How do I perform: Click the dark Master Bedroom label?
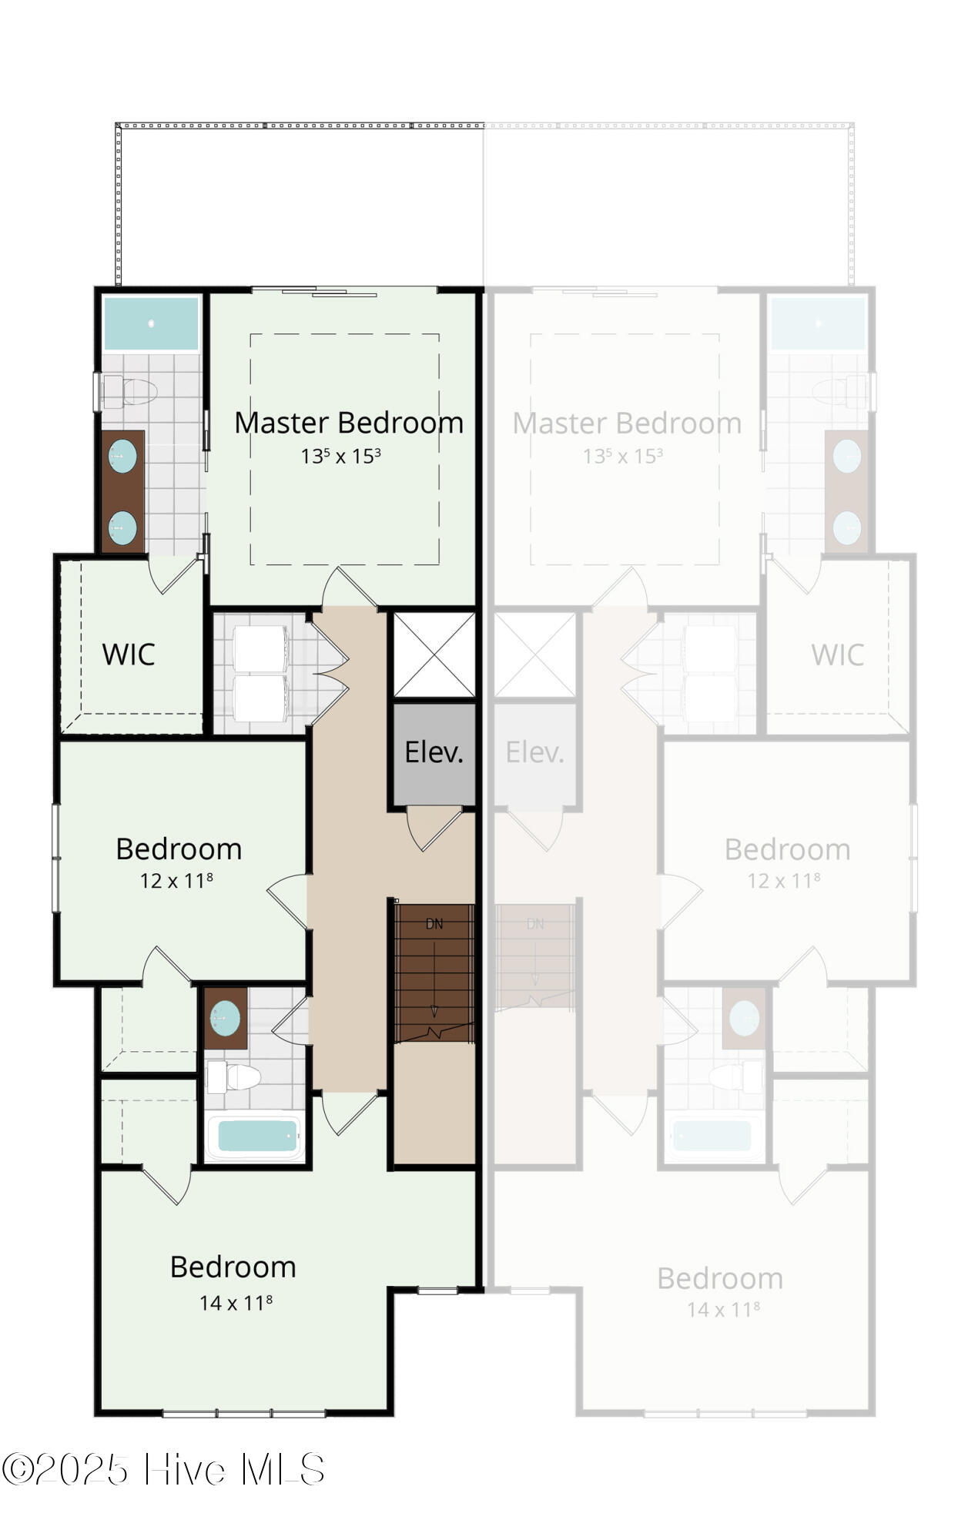[349, 423]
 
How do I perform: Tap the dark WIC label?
[129, 654]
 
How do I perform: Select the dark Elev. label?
[434, 752]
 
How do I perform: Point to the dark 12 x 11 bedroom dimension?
[176, 880]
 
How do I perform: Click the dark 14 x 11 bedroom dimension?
[236, 1302]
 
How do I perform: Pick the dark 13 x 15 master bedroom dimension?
[340, 456]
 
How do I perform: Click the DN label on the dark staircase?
[434, 924]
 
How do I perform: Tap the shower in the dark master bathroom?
[151, 324]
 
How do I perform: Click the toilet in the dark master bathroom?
[129, 392]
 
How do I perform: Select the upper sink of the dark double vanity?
[122, 457]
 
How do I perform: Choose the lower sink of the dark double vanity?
[122, 528]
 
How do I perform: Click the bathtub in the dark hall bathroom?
[256, 1136]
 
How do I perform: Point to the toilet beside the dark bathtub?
[233, 1077]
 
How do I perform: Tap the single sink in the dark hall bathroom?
[225, 1019]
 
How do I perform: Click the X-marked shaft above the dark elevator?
[434, 655]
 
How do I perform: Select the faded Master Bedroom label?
[628, 423]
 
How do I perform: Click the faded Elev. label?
[535, 752]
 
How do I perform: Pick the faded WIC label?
[838, 655]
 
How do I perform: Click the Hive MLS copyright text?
[163, 1469]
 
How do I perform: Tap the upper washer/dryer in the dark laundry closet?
[260, 648]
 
